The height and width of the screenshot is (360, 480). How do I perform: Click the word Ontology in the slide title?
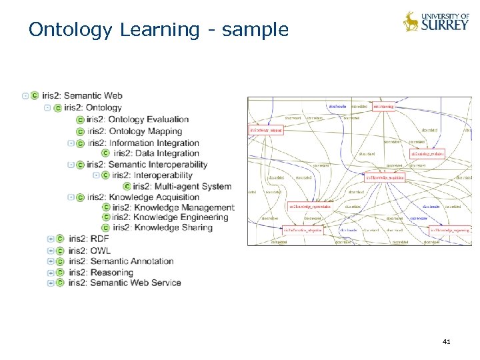(71, 30)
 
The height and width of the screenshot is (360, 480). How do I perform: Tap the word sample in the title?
(255, 30)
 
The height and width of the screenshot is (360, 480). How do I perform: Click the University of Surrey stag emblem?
(410, 21)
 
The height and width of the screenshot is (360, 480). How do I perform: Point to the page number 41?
(447, 342)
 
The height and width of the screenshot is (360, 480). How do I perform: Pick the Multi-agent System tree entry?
(182, 187)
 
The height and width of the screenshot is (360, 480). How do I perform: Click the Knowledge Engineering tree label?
(170, 217)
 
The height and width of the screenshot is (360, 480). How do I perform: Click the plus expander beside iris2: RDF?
(51, 239)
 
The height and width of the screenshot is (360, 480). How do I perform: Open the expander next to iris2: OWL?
(51, 251)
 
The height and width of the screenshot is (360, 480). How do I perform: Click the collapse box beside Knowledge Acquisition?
(71, 197)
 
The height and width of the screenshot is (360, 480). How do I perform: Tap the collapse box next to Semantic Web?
(25, 96)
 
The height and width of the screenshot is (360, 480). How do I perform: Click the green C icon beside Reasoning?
(60, 272)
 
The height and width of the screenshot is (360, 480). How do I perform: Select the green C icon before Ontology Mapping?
(81, 131)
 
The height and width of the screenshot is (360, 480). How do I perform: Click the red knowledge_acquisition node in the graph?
(385, 177)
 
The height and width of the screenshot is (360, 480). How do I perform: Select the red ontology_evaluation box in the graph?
(427, 154)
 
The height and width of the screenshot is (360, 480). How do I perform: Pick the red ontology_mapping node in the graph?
(266, 130)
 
